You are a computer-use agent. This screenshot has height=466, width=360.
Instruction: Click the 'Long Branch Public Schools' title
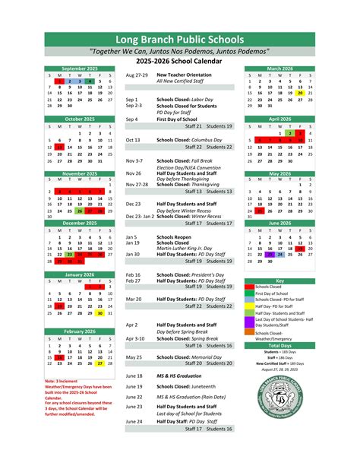[x=179, y=39]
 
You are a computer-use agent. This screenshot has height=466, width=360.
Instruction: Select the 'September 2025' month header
[x=80, y=69]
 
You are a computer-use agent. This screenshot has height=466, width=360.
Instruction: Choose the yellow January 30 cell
[x=100, y=312]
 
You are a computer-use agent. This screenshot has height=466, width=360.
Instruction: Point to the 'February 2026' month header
[x=80, y=331]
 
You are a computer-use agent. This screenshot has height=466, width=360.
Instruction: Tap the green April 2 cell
[x=290, y=133]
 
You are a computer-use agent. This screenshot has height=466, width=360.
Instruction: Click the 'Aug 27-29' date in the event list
[x=137, y=76]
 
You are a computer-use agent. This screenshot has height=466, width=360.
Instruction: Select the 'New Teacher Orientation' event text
[x=184, y=76]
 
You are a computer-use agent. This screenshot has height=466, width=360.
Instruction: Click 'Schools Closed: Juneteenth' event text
[x=188, y=385]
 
